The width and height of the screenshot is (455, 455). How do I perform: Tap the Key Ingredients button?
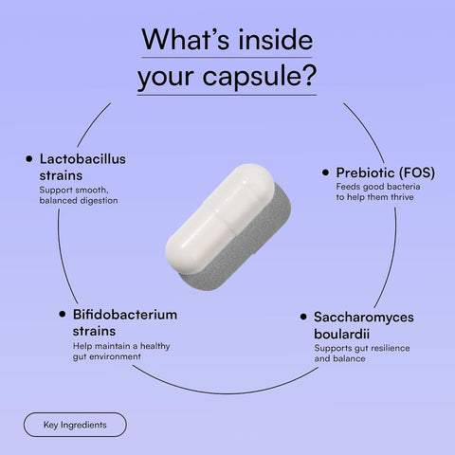75,425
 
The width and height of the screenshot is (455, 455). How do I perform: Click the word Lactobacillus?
82,159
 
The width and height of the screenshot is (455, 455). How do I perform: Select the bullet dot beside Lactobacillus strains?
29,158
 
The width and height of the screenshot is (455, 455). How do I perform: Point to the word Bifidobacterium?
125,315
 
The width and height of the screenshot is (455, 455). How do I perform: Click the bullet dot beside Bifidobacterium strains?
63,314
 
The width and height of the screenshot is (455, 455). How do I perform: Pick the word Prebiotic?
365,173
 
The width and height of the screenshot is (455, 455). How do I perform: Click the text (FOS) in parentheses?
417,173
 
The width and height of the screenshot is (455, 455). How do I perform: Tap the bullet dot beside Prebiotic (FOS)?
325,173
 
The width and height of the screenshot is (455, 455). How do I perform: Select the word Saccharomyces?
364,318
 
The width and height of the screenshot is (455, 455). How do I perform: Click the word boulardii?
341,334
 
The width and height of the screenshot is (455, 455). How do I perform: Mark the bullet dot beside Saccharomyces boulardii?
303,317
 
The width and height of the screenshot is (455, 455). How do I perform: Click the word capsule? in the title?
259,76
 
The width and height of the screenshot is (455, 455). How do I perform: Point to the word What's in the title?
186,40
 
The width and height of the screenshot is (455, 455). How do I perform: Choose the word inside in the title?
275,40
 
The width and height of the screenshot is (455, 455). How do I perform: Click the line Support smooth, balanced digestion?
79,195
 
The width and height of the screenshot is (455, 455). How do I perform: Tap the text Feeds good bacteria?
378,187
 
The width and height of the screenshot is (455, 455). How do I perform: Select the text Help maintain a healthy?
121,346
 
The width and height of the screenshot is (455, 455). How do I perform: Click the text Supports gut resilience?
362,348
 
